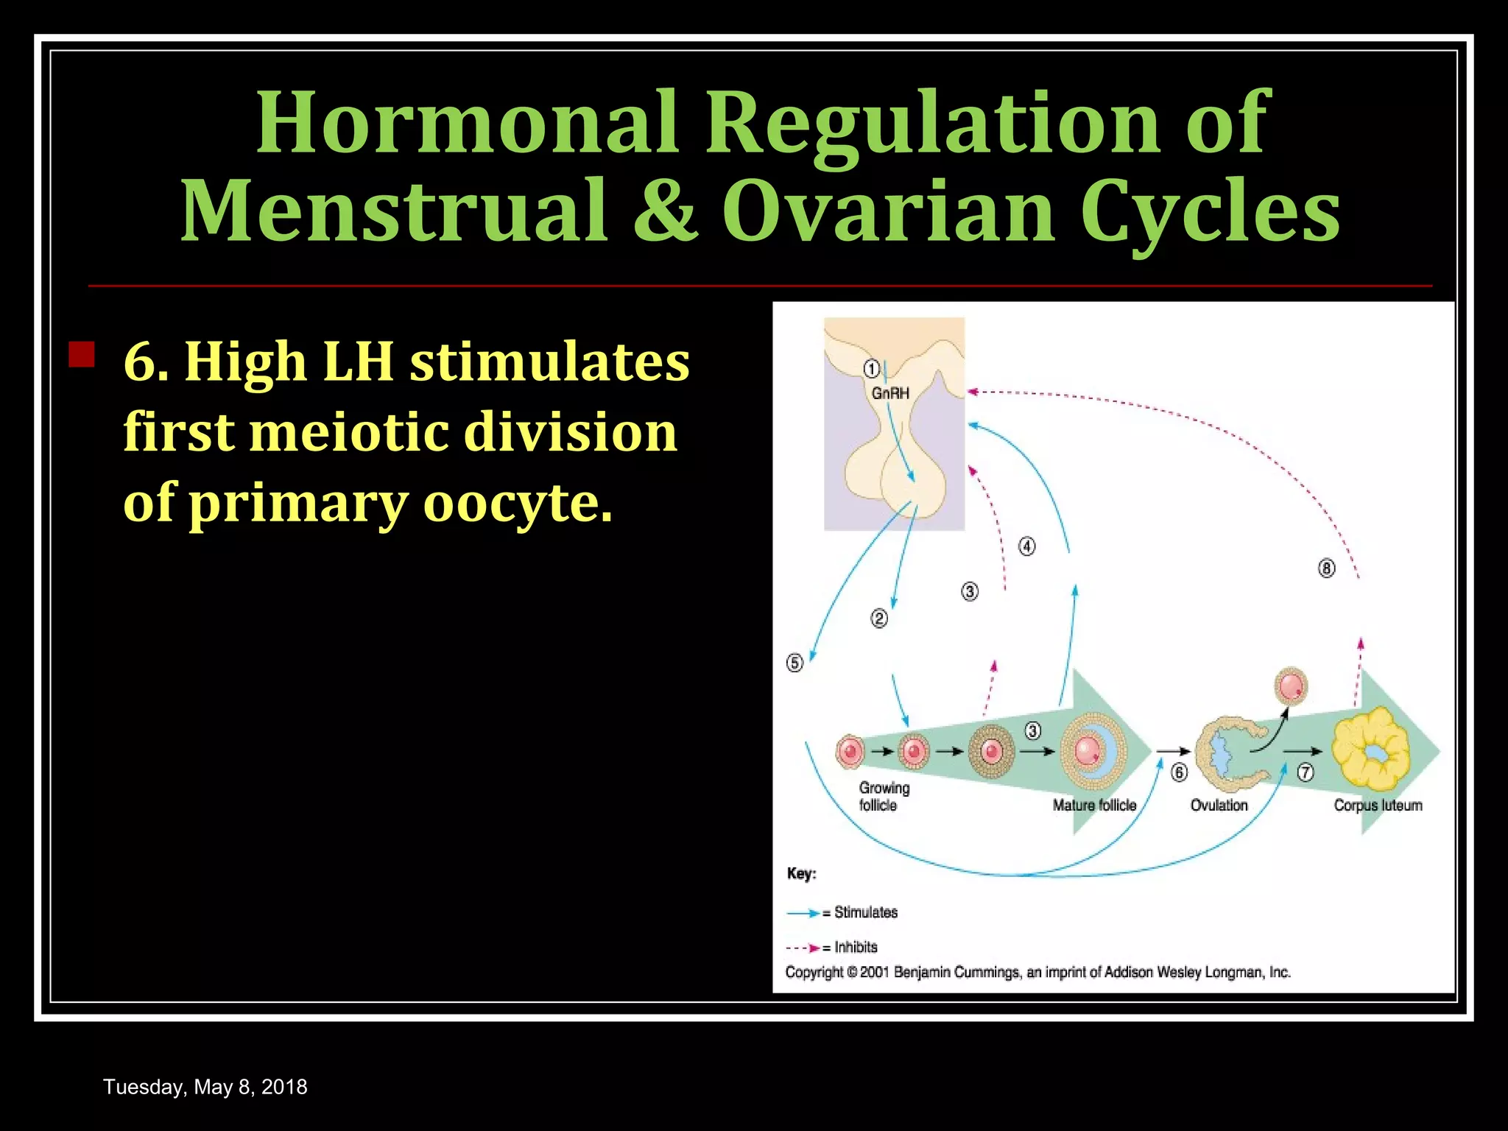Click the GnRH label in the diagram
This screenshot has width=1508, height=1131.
coord(890,393)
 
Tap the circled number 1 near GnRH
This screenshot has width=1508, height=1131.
coord(871,368)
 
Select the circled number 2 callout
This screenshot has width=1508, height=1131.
coord(879,619)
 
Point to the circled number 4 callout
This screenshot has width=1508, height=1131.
coord(1026,546)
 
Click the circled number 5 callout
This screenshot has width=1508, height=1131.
coord(794,663)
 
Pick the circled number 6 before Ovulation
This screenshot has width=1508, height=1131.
coord(1179,772)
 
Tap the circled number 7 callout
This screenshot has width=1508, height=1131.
coord(1305,772)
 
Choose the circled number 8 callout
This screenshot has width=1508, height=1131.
coord(1326,568)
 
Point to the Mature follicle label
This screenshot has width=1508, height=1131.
coord(1094,806)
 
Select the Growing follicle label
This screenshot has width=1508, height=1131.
coord(884,797)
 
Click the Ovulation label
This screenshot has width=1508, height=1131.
coord(1219,806)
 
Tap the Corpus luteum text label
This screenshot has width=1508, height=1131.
coord(1378,806)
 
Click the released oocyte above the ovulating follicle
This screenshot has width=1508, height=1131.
coord(1291,686)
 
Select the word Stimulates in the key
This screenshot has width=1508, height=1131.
coord(866,912)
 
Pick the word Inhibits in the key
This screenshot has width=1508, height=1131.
coord(856,947)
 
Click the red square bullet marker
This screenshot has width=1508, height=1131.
coord(81,354)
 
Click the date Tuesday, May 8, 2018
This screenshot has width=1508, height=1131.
coord(205,1087)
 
